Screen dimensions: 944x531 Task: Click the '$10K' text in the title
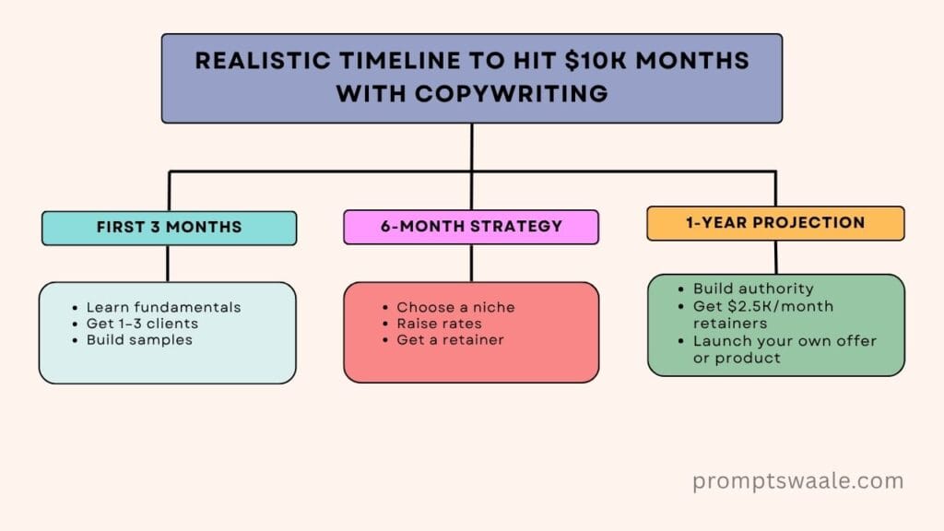[595, 61]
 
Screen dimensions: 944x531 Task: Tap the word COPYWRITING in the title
[511, 94]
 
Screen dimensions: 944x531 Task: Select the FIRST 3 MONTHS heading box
[170, 228]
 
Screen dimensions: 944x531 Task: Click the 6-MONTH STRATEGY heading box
[471, 227]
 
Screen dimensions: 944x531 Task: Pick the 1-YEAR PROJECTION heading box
[775, 223]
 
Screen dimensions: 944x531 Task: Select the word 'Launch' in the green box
[717, 341]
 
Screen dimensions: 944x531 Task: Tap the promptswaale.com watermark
[797, 481]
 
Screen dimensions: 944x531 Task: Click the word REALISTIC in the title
[263, 61]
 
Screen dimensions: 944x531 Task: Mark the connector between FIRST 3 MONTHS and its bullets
[168, 263]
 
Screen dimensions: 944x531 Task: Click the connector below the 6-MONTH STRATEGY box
[471, 263]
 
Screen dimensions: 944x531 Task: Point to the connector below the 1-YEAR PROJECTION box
[776, 257]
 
